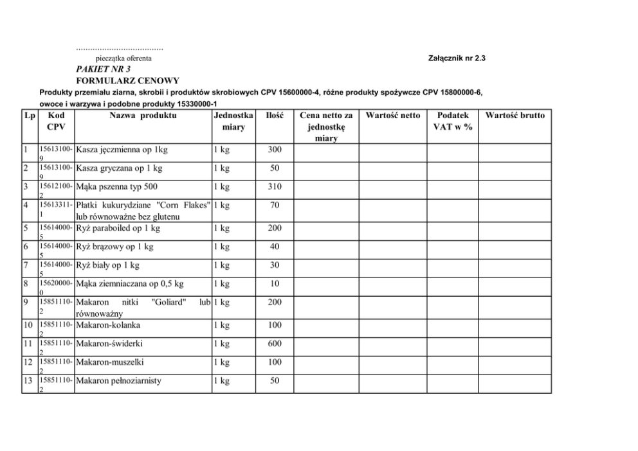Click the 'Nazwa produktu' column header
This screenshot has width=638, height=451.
143,116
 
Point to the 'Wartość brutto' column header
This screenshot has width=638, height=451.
515,116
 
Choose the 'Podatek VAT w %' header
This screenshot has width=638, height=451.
452,121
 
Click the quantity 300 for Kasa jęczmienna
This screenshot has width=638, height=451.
275,150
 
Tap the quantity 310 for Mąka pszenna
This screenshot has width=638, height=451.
275,187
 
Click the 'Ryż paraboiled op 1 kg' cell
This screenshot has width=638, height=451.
118,228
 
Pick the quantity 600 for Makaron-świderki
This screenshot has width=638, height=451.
275,344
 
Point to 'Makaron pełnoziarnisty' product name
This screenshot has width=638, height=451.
119,381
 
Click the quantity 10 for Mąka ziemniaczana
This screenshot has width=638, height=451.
275,283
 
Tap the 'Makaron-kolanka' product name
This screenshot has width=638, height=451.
108,325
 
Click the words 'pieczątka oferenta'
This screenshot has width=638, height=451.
123,58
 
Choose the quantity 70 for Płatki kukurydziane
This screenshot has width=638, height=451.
275,206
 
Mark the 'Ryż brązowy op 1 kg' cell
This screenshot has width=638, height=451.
115,247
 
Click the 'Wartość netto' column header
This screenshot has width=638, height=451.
392,116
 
